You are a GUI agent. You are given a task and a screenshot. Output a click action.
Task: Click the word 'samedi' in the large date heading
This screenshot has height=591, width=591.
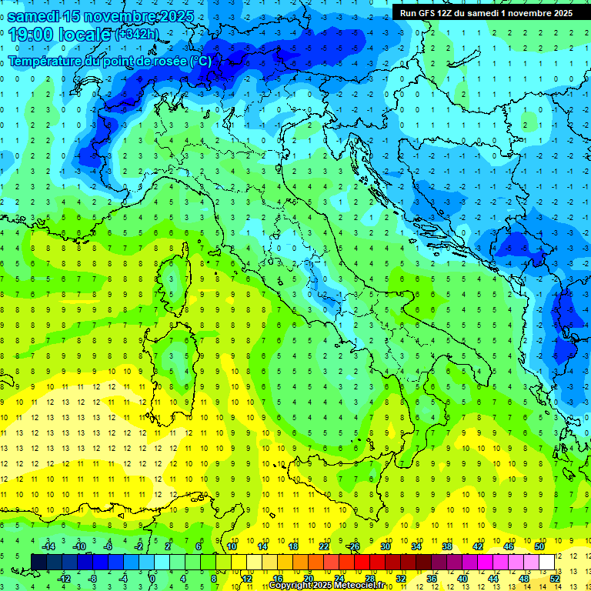point(37,15)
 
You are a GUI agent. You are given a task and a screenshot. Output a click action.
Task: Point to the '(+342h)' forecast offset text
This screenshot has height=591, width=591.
point(138,35)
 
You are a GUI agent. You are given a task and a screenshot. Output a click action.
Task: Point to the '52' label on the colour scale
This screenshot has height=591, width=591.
point(555,578)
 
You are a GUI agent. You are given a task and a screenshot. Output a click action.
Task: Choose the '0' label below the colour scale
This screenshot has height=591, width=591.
point(152,578)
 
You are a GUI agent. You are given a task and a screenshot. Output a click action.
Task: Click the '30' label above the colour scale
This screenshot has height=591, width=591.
point(386,546)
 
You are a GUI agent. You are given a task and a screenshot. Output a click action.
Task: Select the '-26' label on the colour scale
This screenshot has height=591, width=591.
point(354,546)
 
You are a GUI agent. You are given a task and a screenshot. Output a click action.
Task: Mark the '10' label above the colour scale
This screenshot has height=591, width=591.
point(232,546)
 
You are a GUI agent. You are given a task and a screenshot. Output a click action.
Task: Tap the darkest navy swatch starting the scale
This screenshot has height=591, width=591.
point(39,562)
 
